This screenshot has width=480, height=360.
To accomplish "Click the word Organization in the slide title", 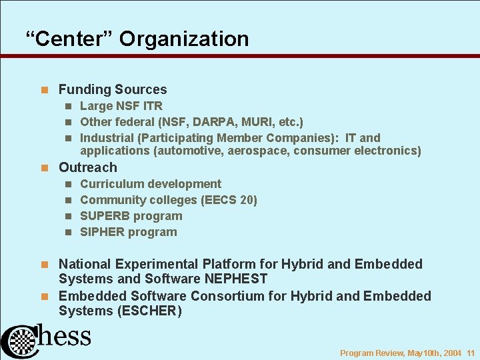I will pos(184,39).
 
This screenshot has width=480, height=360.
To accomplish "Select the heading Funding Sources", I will pos(113,89).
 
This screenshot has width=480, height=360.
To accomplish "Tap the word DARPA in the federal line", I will pos(215,122).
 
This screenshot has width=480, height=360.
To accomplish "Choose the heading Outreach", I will pos(87,167).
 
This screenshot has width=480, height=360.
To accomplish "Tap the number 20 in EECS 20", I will pos(245,200).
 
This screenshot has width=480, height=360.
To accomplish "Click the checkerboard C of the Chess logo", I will pos(21,341).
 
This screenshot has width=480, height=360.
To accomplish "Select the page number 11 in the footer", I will pos(471,353).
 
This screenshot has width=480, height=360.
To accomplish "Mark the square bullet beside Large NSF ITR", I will pos(68,106).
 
